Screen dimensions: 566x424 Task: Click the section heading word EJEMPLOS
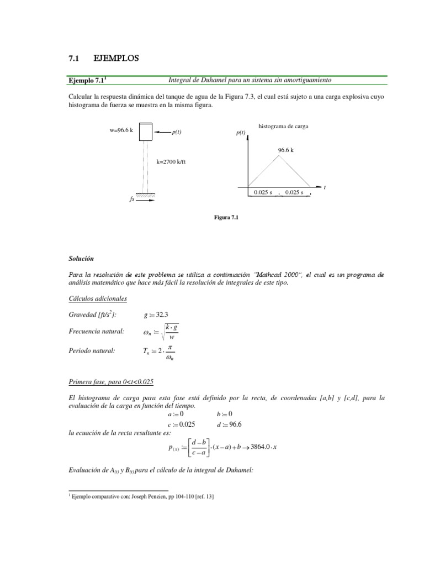[116, 57]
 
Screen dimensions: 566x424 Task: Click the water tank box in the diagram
[146, 132]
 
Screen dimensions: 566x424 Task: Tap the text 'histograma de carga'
[283, 127]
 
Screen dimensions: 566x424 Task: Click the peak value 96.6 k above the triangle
[285, 150]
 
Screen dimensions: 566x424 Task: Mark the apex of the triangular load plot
[280, 156]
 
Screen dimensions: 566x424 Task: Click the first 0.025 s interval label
[263, 192]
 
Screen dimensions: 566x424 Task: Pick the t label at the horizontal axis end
[325, 188]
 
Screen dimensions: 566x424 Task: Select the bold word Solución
[82, 259]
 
